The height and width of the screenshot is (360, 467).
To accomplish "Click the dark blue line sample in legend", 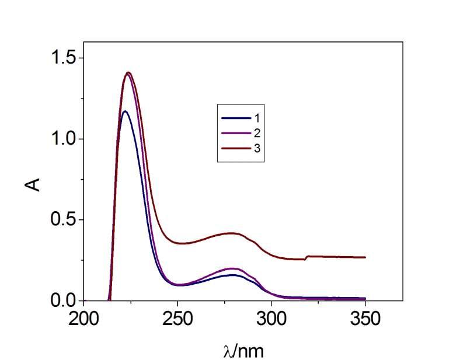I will click(x=235, y=118).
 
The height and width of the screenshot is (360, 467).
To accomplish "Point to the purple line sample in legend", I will click(x=235, y=133).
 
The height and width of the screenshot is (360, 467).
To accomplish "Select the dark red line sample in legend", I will click(x=235, y=149).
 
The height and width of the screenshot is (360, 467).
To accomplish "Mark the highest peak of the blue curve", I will click(x=125, y=111).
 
